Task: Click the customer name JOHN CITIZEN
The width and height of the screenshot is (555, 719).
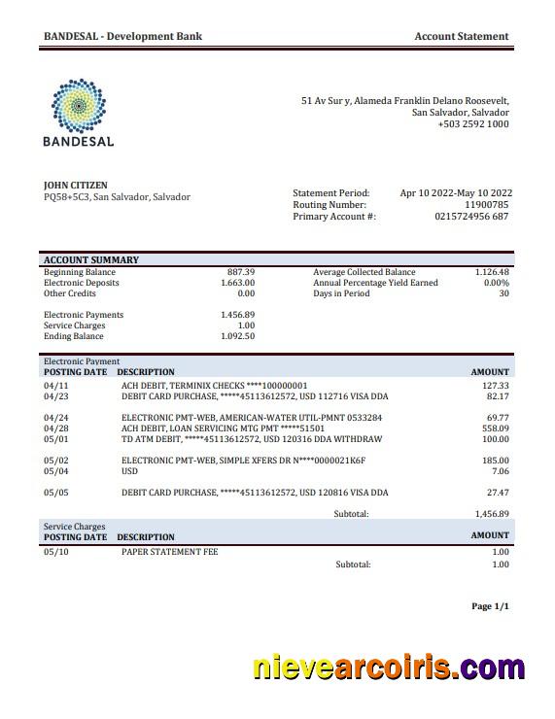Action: click(x=76, y=185)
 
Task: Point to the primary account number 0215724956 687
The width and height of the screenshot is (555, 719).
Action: click(x=470, y=217)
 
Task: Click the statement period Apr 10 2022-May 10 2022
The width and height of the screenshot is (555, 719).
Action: click(x=455, y=193)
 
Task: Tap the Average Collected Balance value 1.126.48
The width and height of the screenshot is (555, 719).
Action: click(x=492, y=272)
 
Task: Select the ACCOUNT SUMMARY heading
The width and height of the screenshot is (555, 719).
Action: click(x=91, y=260)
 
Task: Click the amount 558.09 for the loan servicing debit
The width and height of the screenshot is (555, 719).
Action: click(x=495, y=428)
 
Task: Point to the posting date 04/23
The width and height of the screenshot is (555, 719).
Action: click(x=56, y=395)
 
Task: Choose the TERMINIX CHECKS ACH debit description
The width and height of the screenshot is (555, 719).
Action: click(x=214, y=386)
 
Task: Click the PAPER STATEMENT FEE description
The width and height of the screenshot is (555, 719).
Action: click(x=169, y=552)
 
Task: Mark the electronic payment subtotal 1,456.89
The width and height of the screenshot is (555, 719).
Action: click(x=491, y=513)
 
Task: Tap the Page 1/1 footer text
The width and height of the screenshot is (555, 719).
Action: click(x=490, y=606)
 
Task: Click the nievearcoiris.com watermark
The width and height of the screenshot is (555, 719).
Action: click(x=389, y=668)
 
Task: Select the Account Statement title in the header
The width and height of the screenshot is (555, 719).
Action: click(x=461, y=37)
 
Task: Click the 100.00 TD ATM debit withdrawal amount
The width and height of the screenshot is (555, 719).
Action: click(x=495, y=438)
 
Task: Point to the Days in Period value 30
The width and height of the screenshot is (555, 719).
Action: click(x=503, y=293)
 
